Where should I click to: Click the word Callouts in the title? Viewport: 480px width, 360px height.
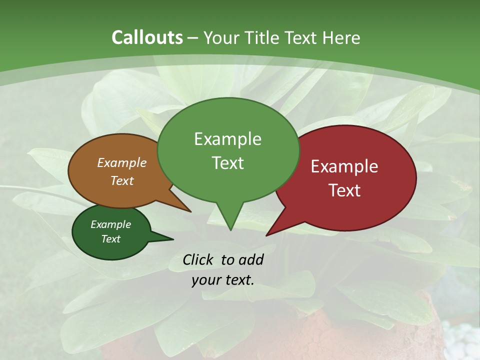click(147, 37)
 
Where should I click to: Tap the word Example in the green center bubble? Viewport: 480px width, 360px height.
click(227, 139)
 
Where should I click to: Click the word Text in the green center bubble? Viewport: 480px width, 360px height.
click(227, 163)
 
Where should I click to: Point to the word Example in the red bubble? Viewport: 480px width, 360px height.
click(344, 166)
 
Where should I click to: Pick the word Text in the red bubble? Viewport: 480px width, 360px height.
click(344, 190)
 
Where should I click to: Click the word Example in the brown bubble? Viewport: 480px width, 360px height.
click(122, 162)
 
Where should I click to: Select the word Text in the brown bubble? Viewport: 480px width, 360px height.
click(122, 180)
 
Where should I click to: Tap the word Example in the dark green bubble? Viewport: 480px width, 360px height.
click(111, 224)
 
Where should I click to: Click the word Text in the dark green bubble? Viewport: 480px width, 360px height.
click(111, 239)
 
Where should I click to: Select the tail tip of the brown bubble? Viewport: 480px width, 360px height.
click(190, 211)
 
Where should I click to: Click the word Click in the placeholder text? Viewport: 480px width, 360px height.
click(198, 259)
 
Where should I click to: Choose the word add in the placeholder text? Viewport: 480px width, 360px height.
click(251, 259)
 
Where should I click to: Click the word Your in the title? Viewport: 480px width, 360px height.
click(221, 37)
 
